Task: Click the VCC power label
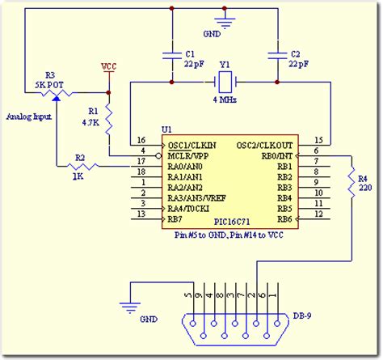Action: click(x=108, y=66)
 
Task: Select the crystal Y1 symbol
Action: click(x=224, y=83)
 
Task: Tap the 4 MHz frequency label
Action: click(x=224, y=100)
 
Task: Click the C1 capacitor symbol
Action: click(x=171, y=54)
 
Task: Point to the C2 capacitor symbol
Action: click(x=276, y=54)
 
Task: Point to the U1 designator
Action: click(x=166, y=129)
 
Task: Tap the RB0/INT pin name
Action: click(x=275, y=154)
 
